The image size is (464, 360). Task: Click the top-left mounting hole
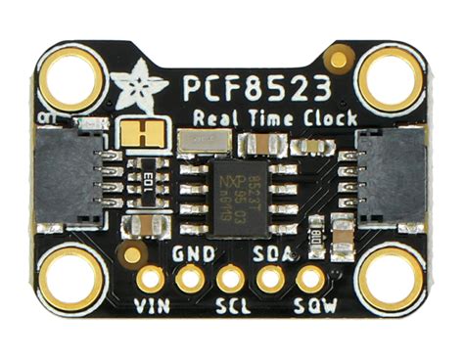pos(69,81)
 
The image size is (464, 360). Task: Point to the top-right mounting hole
pos(392,81)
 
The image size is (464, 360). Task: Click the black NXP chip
pos(232,188)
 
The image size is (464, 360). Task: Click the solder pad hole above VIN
pos(151,280)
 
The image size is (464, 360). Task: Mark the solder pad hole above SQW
pos(310,280)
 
